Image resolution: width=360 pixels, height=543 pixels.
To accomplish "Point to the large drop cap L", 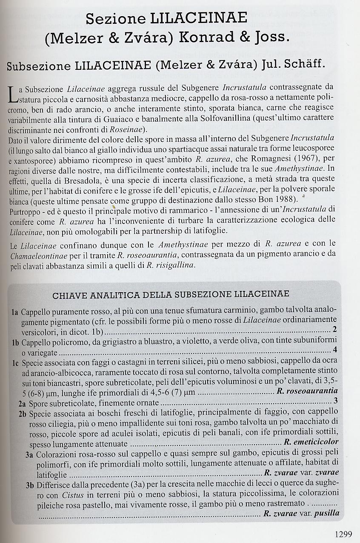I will tap(12, 94).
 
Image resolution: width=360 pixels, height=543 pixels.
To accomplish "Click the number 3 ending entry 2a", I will tap(335, 401).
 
